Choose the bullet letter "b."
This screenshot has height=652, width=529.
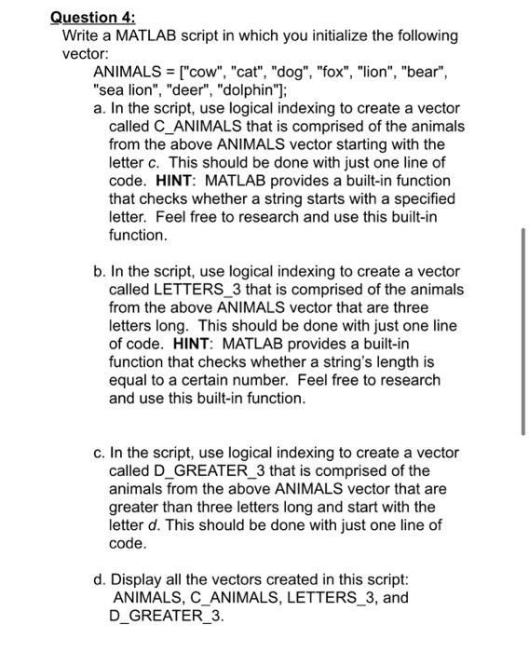100,271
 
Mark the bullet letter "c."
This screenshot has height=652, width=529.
100,453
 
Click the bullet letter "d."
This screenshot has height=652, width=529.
100,579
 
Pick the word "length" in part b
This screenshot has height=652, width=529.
390,362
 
